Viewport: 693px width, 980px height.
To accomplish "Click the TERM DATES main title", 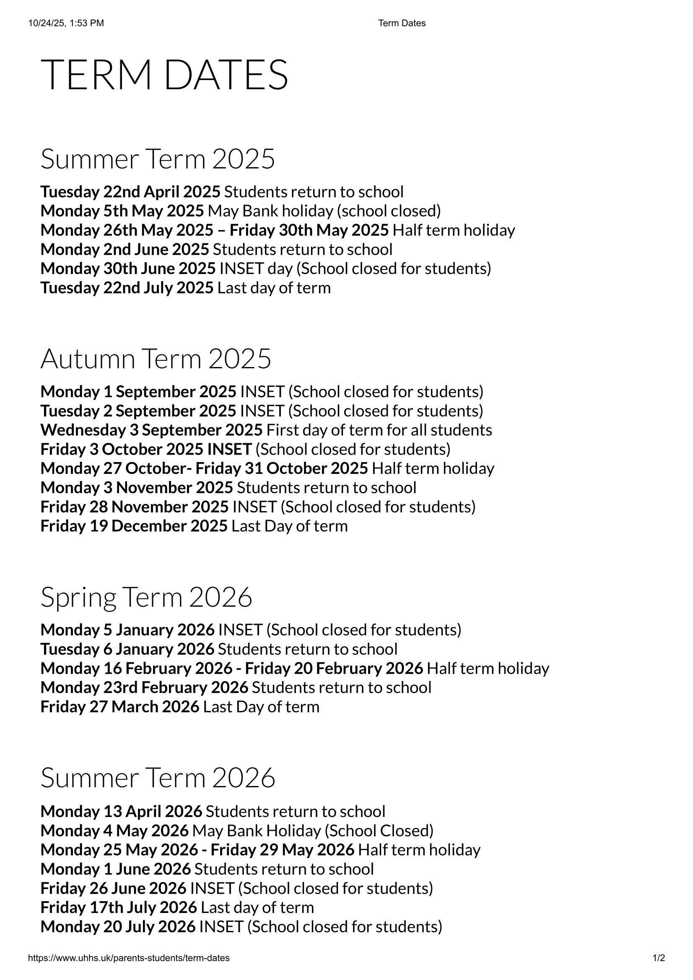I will point(164,75).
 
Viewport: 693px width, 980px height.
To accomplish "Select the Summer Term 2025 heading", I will point(158,159).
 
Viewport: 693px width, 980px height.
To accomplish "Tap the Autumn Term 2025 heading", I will point(156,359).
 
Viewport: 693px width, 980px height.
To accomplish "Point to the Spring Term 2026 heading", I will point(146,597).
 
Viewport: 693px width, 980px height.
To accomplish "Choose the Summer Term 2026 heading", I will point(158,778).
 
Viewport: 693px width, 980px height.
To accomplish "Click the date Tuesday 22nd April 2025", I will point(130,192).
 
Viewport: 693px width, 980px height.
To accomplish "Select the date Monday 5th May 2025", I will point(122,211).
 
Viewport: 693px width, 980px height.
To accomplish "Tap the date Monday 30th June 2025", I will point(128,269).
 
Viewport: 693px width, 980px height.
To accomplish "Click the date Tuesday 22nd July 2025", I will point(127,288).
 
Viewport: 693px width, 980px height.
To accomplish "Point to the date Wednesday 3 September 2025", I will point(151,430).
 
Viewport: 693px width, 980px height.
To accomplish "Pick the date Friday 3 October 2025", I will point(122,449).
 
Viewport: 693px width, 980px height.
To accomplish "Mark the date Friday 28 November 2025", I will point(135,507).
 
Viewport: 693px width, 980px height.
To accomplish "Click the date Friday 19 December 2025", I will point(134,526).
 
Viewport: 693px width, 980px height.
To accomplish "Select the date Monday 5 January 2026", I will point(127,630).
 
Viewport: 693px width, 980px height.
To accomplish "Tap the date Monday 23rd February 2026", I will point(144,687).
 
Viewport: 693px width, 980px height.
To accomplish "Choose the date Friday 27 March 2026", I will point(119,706).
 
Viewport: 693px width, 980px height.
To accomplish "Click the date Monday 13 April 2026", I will point(121,811).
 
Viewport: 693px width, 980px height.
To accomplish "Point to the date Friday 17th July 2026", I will point(119,907).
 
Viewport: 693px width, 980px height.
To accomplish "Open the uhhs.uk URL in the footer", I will point(129,958).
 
